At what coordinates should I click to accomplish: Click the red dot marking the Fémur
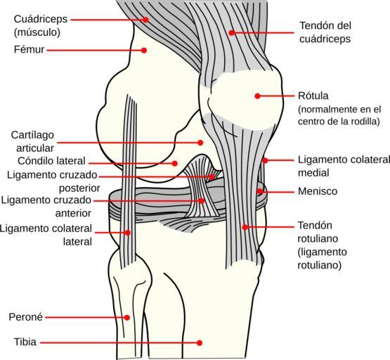click(144, 50)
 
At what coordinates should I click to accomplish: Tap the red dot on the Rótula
click(257, 96)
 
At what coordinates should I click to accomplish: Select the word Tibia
click(25, 342)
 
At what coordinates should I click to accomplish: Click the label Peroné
click(25, 317)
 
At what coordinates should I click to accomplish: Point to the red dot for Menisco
click(260, 191)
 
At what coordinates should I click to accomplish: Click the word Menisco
click(318, 191)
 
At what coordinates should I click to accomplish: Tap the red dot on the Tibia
click(200, 343)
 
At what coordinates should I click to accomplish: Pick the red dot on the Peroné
click(127, 317)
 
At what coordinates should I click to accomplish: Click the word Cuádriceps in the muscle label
click(41, 19)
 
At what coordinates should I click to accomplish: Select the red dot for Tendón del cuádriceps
click(231, 32)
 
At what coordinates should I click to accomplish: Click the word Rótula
click(313, 96)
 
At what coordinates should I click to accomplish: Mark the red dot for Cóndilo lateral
click(174, 163)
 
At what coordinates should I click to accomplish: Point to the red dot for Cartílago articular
click(200, 143)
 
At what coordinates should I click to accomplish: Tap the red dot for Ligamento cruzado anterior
click(202, 201)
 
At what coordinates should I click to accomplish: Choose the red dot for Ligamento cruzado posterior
click(212, 177)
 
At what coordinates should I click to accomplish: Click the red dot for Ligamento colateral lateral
click(128, 233)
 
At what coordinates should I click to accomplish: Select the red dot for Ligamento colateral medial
click(265, 160)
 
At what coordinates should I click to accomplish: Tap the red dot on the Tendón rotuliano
click(245, 227)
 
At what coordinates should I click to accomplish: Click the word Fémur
click(29, 49)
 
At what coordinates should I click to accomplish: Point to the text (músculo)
click(37, 32)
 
